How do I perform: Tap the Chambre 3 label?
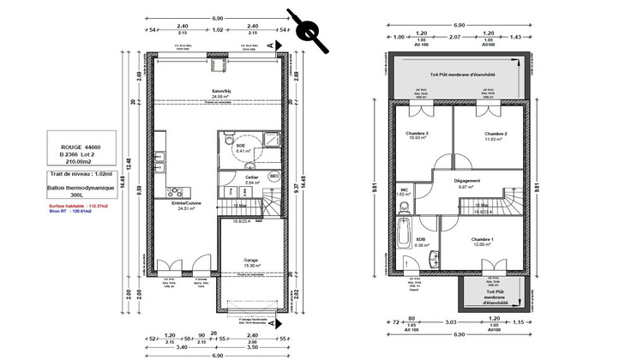tap(418, 135)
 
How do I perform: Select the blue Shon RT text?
tap(71, 213)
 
